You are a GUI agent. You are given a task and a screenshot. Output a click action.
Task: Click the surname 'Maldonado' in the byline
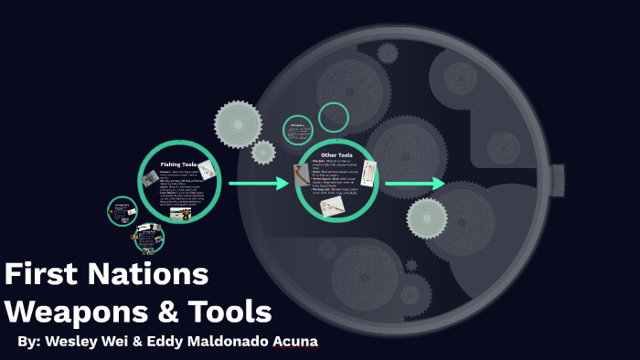pyautogui.click(x=225, y=342)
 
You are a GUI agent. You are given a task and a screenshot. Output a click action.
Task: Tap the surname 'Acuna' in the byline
pyautogui.click(x=293, y=342)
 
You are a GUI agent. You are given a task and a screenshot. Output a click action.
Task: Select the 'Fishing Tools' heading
pyautogui.click(x=179, y=164)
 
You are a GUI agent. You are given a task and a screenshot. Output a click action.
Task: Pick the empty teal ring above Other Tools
pyautogui.click(x=334, y=117)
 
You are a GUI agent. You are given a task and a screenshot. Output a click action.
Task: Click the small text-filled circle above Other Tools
pyautogui.click(x=297, y=130)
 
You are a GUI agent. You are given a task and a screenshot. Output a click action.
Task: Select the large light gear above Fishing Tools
pyautogui.click(x=238, y=123)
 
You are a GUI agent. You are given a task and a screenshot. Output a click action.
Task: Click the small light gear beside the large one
pyautogui.click(x=263, y=152)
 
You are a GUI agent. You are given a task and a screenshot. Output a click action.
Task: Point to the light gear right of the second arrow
pyautogui.click(x=426, y=217)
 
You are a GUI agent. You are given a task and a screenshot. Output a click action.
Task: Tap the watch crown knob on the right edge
pyautogui.click(x=557, y=180)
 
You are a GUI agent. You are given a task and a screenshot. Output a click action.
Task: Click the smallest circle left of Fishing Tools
pyautogui.click(x=122, y=211)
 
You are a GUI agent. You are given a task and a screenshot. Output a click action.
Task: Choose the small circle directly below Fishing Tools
pyautogui.click(x=148, y=238)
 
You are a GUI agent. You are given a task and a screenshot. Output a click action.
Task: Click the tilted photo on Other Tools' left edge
pyautogui.click(x=303, y=175)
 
